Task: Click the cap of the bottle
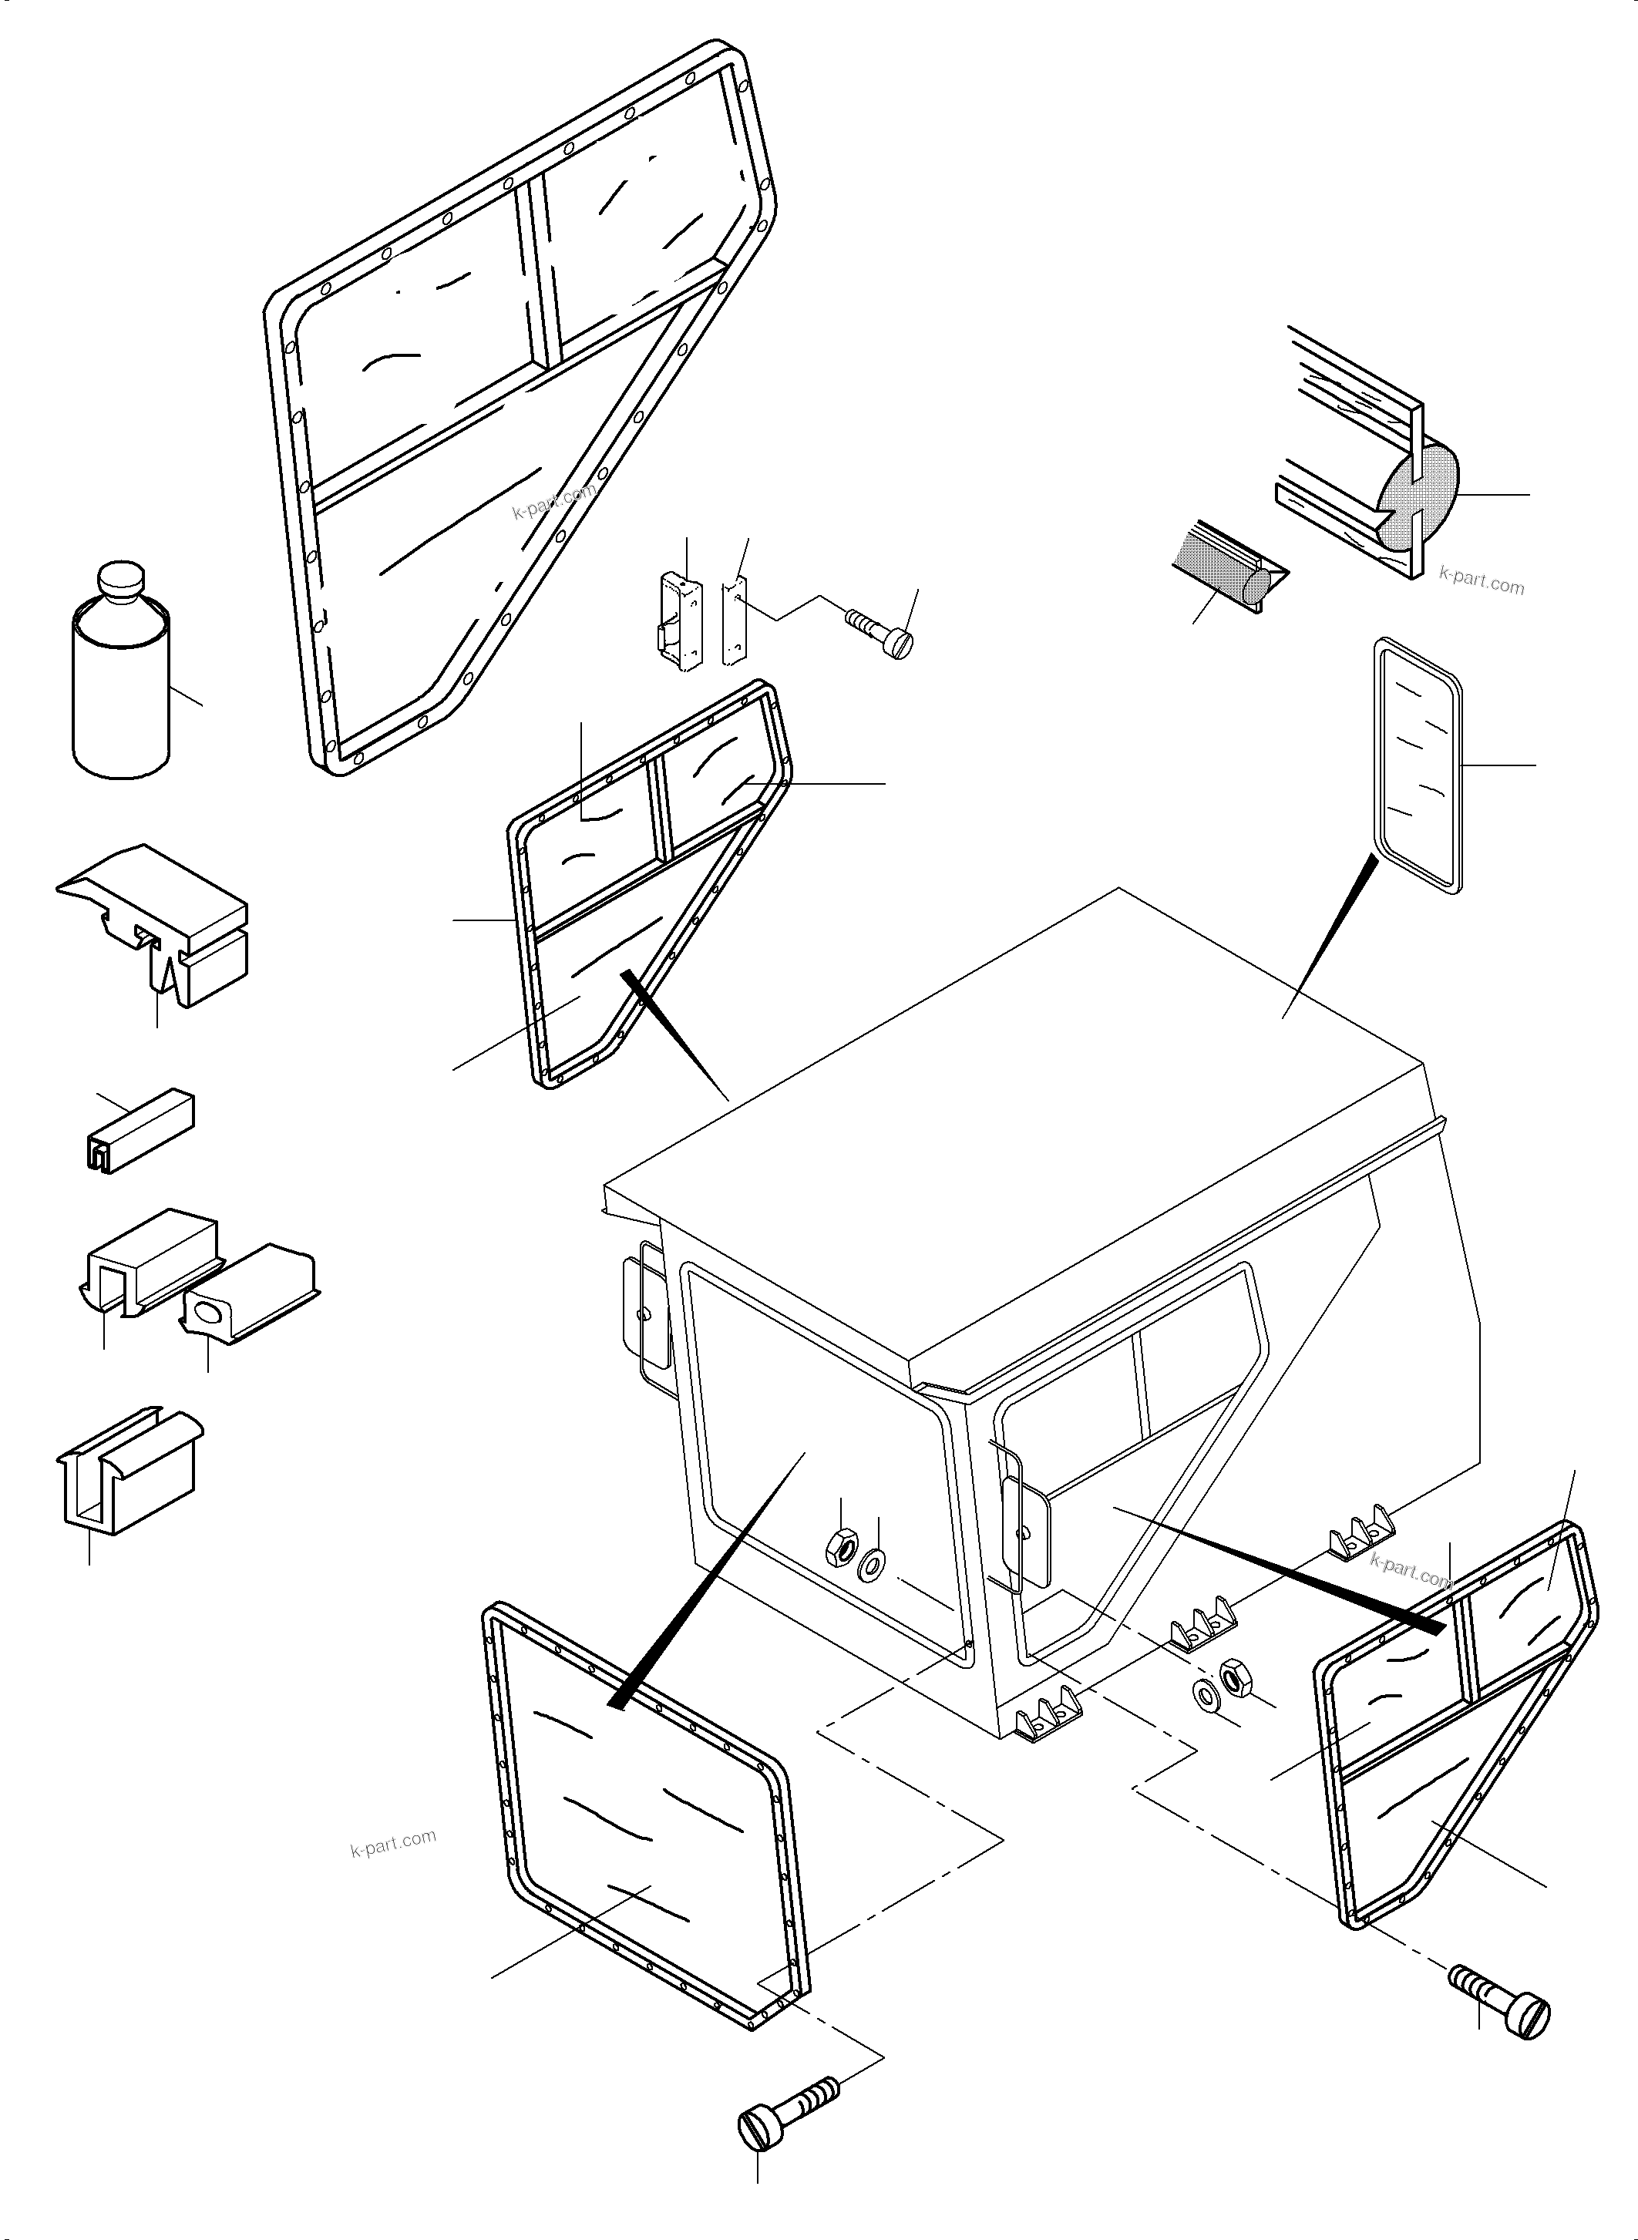121,581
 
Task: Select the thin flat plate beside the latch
735,622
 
